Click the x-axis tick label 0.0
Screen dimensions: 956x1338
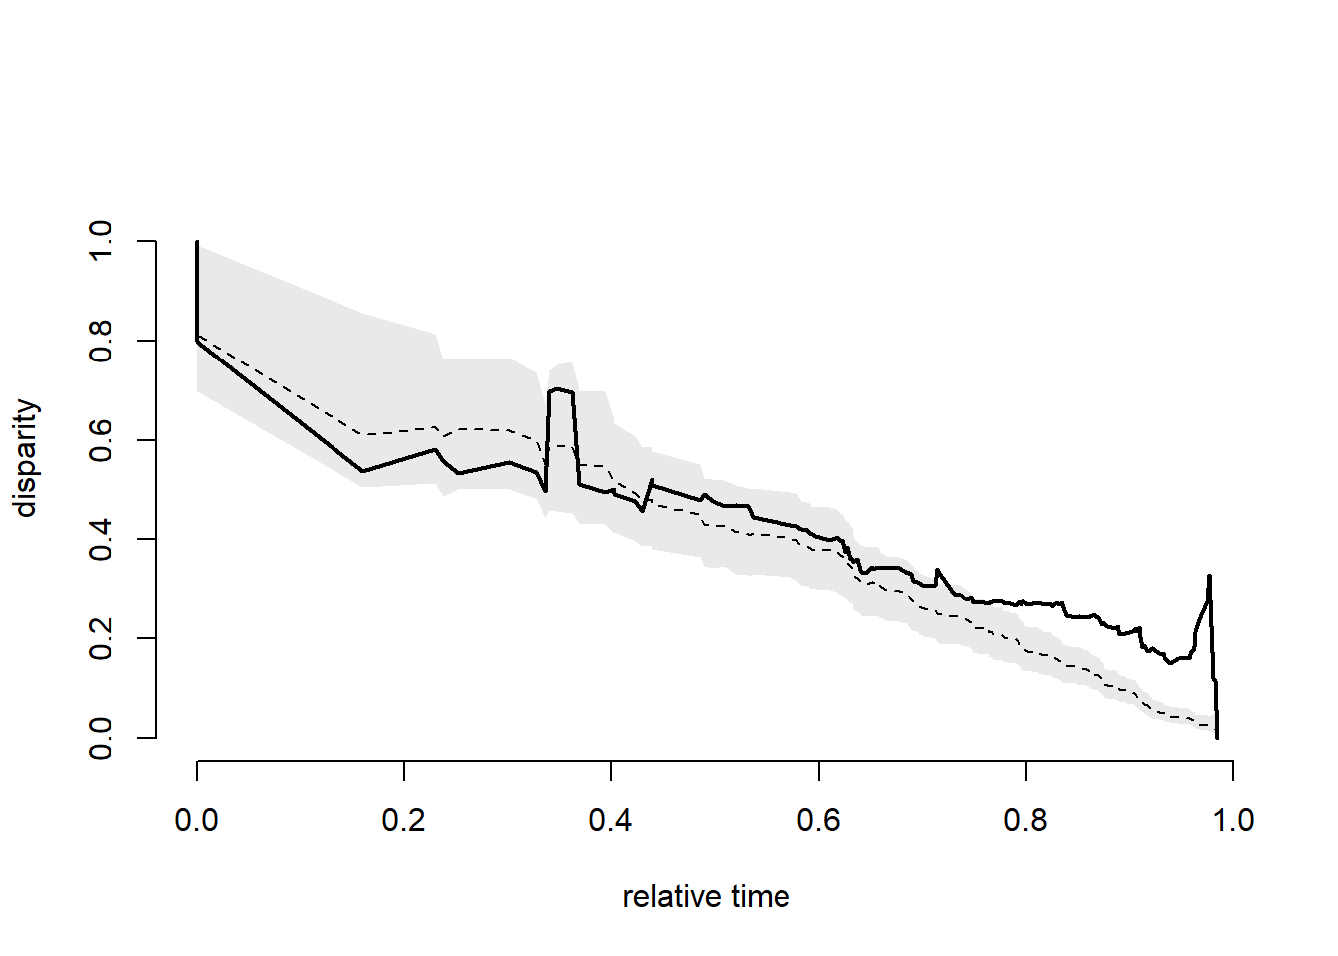tap(196, 820)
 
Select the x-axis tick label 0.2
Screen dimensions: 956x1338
tap(403, 820)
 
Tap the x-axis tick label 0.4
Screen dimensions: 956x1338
tap(610, 820)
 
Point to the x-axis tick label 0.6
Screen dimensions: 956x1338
tap(818, 820)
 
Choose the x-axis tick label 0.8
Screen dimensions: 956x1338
tap(1025, 820)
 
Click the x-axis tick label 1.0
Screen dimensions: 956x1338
tap(1232, 820)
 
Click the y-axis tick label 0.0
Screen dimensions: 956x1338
tap(101, 738)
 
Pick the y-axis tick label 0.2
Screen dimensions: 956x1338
tap(101, 638)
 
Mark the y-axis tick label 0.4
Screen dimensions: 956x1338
tap(101, 539)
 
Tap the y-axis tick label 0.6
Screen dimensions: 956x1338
tap(101, 440)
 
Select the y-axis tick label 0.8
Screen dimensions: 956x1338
tap(101, 341)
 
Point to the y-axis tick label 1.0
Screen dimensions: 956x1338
tap(101, 241)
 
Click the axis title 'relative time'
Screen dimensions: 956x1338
tap(706, 897)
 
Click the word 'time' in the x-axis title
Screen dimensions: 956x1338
tap(760, 897)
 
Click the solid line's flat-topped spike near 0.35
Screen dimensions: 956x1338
tap(560, 390)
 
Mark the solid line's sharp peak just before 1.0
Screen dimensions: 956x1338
tap(1209, 576)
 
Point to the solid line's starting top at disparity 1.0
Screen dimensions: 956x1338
tap(197, 242)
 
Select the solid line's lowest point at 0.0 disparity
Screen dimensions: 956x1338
tap(1217, 737)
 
